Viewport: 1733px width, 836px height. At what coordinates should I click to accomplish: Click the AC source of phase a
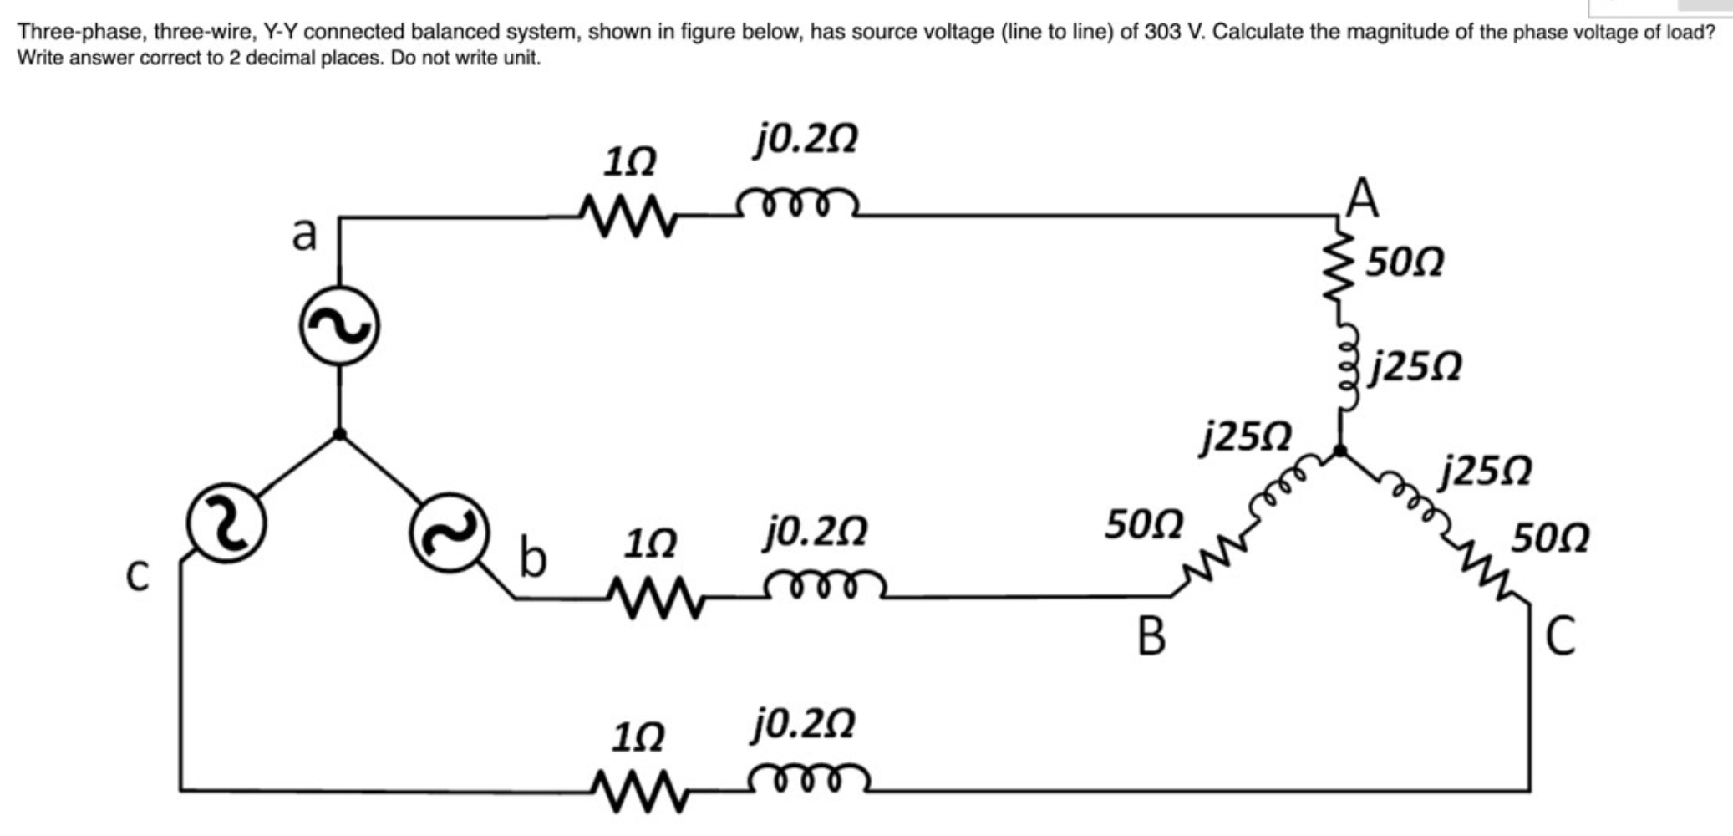click(339, 326)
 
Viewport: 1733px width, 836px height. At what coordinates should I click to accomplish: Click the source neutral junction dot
click(339, 434)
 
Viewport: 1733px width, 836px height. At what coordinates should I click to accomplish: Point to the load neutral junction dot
click(1339, 451)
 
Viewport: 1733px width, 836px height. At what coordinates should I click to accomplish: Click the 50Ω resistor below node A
click(1340, 269)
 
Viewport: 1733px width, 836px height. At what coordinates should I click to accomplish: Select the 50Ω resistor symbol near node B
click(1208, 560)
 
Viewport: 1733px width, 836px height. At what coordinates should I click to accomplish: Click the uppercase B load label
click(1151, 636)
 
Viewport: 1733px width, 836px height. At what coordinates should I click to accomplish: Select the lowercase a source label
click(304, 233)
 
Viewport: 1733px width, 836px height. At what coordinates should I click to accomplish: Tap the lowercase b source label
click(532, 558)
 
